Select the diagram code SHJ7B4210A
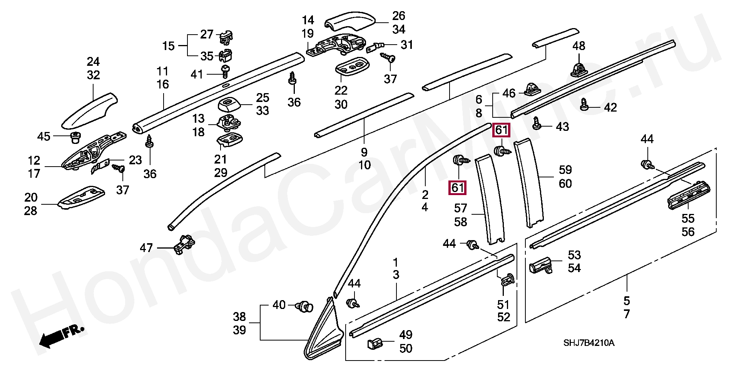tap(589, 343)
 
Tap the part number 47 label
tap(146, 247)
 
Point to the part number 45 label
tap(44, 136)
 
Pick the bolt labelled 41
tap(225, 71)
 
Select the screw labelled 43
tap(537, 124)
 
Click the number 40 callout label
tap(279, 305)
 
